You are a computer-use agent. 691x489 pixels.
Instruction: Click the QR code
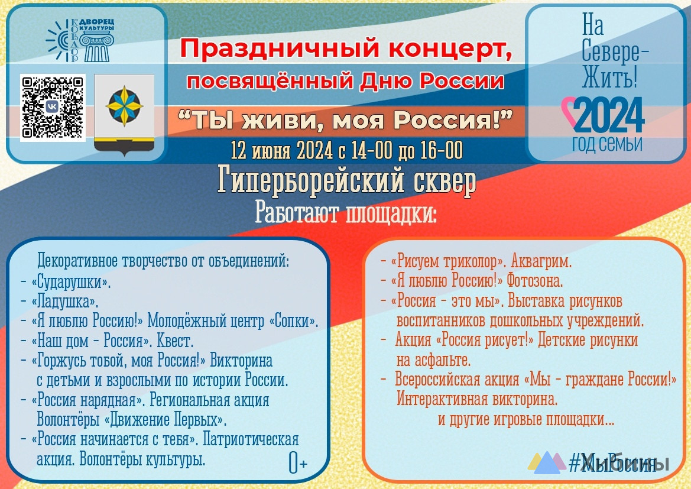click(x=53, y=108)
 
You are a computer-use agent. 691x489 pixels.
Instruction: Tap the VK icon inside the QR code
click(x=52, y=106)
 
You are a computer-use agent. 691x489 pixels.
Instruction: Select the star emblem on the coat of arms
click(x=124, y=106)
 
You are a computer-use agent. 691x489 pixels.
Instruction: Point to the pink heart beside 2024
click(x=569, y=112)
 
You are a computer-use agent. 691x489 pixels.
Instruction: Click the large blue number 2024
click(x=609, y=115)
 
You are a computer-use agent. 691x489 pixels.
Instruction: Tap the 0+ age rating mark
click(x=297, y=462)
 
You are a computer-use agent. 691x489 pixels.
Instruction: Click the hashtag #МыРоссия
click(x=619, y=463)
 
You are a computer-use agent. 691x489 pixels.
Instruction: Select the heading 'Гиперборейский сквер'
click(x=346, y=180)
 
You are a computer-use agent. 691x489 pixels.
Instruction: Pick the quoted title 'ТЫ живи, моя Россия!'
click(x=345, y=120)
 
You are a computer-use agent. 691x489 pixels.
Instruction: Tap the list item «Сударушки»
click(x=71, y=282)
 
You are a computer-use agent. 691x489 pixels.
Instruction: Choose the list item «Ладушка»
click(x=65, y=302)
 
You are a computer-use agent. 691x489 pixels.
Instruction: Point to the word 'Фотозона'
click(x=534, y=280)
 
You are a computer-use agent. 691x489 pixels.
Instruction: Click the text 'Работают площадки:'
click(x=346, y=213)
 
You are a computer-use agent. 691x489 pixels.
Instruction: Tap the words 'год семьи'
click(x=607, y=144)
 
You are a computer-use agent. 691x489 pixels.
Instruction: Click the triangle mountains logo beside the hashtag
click(x=546, y=462)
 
